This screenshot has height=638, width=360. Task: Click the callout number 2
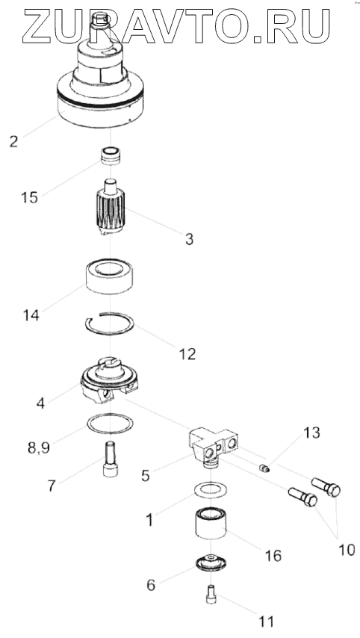tap(14, 141)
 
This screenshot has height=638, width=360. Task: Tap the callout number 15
tap(29, 197)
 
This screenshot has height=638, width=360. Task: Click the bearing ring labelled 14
tap(111, 276)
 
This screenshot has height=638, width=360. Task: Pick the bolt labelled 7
tap(111, 459)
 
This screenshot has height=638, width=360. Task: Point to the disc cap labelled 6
tap(211, 563)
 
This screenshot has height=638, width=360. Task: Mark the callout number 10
tap(346, 550)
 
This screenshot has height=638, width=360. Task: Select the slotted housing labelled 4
tap(110, 380)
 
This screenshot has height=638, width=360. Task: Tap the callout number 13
tap(311, 433)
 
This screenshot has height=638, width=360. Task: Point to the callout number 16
tap(273, 555)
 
